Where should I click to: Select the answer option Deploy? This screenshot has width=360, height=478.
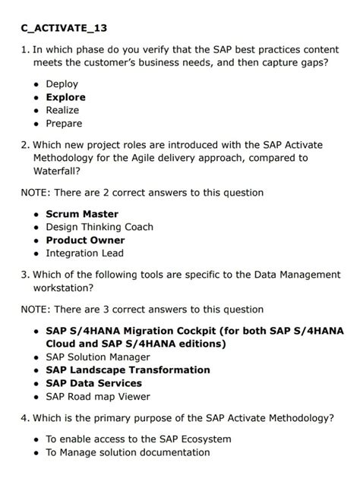pos(62,84)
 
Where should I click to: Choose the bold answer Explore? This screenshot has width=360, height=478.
pos(65,97)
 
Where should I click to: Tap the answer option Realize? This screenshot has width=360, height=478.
pos(62,110)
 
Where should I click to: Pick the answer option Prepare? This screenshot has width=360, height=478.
pos(64,123)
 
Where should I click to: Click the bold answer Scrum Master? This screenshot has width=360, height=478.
pos(82,214)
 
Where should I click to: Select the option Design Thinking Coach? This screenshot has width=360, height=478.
pos(99,227)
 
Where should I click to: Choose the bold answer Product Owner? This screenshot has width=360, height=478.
pos(85,240)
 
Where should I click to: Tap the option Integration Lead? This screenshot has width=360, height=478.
pos(84,253)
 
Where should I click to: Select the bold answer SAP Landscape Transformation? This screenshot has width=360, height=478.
pos(128,370)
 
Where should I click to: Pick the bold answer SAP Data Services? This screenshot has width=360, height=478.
pos(95,382)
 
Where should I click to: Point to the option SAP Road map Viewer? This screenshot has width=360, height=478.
pos(98,396)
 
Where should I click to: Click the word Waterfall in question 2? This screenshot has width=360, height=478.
pos(56,172)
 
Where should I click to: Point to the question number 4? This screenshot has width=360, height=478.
pos(25,417)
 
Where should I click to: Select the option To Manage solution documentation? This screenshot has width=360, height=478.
pos(128,452)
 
